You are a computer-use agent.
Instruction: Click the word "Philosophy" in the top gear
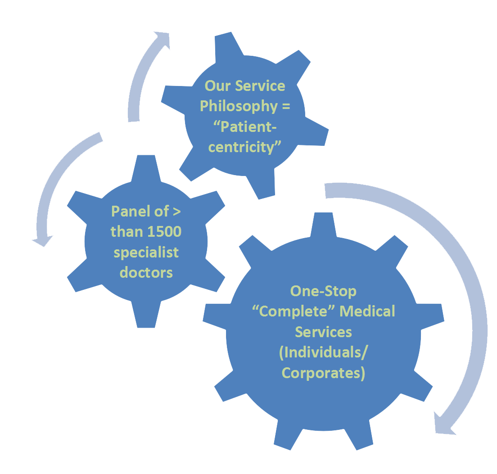238,107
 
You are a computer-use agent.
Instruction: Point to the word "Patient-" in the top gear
245,126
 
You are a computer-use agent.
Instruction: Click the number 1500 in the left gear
164,232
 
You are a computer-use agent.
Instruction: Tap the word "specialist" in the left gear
146,252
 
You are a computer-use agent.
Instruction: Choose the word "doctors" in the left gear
146,272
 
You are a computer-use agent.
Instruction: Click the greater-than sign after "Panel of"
176,212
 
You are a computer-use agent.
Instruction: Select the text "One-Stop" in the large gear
323,291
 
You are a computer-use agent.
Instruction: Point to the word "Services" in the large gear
323,332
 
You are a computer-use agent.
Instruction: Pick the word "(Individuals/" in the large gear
323,352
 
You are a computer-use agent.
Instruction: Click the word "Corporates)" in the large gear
323,373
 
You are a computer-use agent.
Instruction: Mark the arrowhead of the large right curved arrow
443,423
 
